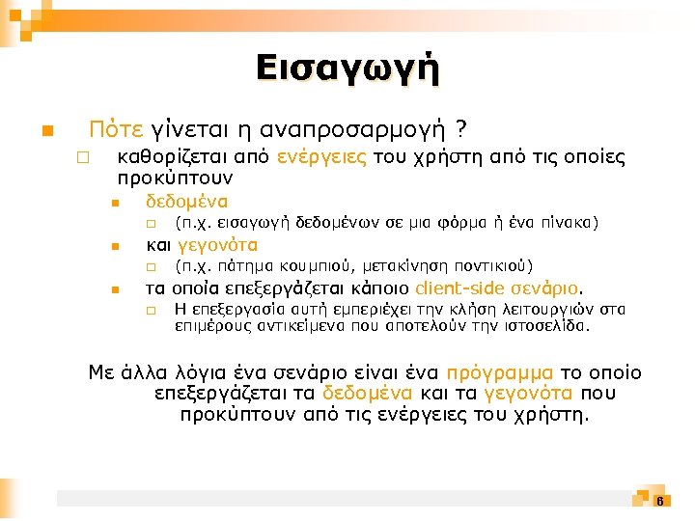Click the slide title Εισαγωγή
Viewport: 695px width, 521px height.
point(347,69)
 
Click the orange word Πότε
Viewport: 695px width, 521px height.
point(116,128)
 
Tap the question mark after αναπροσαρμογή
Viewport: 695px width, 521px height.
point(462,128)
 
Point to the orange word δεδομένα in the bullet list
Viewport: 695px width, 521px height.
point(186,202)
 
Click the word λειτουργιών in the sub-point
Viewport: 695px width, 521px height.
point(557,310)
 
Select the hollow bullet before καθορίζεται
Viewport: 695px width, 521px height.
point(84,157)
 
